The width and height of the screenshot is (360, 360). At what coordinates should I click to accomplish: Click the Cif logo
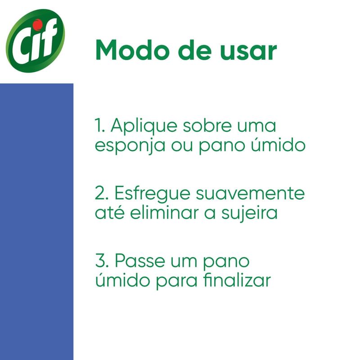tap(36, 40)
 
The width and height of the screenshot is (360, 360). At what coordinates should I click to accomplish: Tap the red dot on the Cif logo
tap(37, 24)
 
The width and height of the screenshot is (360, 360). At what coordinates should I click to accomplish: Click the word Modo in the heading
tap(134, 50)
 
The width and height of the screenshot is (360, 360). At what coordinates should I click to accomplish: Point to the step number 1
tap(99, 126)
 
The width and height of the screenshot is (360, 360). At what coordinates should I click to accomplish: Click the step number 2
tap(102, 193)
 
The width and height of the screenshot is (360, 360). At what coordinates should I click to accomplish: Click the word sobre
tap(207, 125)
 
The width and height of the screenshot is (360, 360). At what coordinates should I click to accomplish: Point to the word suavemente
tap(250, 193)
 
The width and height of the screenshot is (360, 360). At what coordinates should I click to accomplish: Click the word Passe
tap(140, 261)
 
